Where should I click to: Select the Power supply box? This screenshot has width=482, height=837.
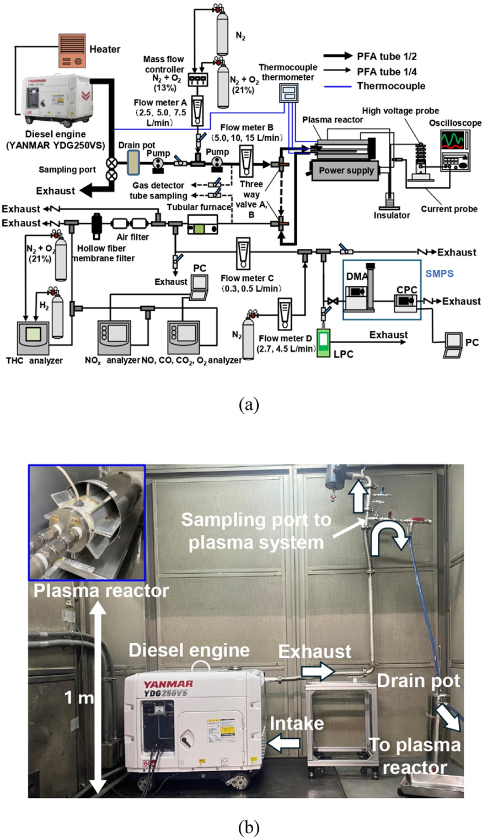346,170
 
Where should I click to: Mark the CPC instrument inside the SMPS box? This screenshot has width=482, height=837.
406,301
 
